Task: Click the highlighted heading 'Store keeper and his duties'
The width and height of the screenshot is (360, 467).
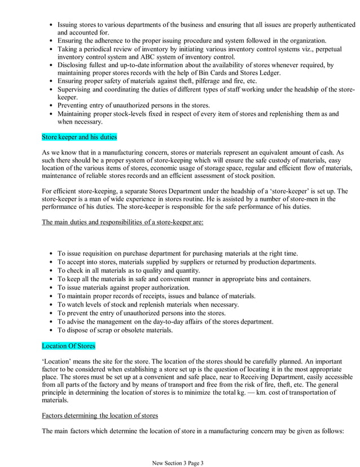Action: click(79, 137)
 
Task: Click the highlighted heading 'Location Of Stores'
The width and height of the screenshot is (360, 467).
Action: click(69, 344)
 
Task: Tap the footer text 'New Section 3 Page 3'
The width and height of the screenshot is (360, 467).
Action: click(178, 463)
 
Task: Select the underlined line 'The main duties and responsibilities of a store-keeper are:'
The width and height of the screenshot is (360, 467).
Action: click(123, 222)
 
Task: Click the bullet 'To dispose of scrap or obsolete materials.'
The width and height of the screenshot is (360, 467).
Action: click(116, 330)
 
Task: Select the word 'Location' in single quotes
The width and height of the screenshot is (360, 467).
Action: click(60, 360)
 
